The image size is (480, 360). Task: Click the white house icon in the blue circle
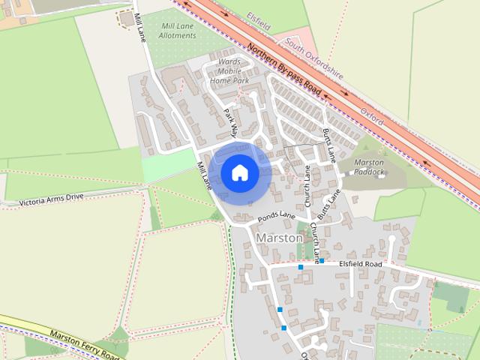pyautogui.click(x=239, y=172)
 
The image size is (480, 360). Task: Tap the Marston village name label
pyautogui.click(x=279, y=238)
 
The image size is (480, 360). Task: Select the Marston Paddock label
pyautogui.click(x=369, y=167)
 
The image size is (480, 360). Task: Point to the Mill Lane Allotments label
pyautogui.click(x=177, y=31)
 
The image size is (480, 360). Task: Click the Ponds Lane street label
pyautogui.click(x=276, y=216)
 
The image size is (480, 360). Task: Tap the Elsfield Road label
pyautogui.click(x=360, y=264)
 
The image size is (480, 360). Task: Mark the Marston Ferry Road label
pyautogui.click(x=84, y=343)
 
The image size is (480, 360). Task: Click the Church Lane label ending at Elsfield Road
pyautogui.click(x=316, y=244)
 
